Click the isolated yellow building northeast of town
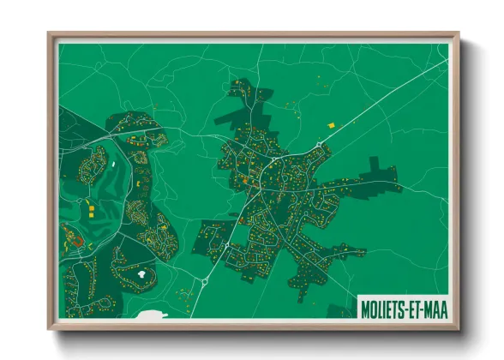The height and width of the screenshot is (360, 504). tap(332, 125)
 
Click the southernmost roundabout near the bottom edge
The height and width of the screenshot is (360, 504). tap(205, 279)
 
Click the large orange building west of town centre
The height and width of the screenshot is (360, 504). tap(243, 181)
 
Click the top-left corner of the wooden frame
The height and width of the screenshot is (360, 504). tap(49, 34)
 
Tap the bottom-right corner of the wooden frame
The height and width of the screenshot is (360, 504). tap(458, 328)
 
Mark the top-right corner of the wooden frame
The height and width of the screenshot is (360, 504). tap(458, 34)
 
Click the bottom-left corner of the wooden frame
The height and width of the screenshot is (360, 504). tap(49, 328)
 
